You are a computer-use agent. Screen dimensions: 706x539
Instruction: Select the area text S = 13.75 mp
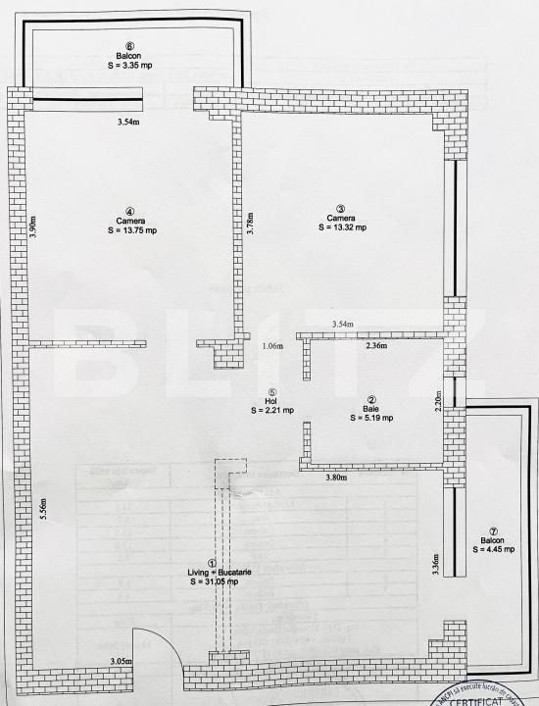coord(130,230)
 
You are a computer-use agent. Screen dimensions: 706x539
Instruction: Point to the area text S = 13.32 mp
coord(342,227)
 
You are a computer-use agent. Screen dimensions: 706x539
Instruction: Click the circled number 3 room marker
coord(341,208)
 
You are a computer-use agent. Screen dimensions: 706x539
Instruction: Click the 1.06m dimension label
coord(272,346)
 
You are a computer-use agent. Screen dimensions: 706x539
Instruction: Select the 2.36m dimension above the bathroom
coord(376,345)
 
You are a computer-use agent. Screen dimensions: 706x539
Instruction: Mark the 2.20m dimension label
coord(440,399)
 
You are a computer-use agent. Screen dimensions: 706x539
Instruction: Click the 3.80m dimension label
coord(339,479)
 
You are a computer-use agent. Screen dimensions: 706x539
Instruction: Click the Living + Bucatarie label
coord(216,572)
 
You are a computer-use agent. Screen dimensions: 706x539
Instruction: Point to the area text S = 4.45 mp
coord(495,550)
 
